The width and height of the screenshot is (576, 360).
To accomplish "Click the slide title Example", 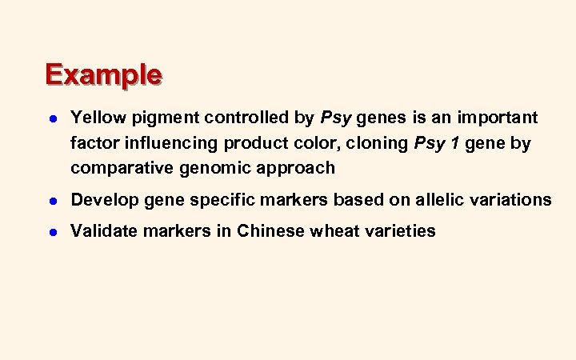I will tap(104, 74).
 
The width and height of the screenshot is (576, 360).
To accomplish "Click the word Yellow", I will tap(95, 118).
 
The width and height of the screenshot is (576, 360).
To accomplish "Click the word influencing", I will tap(168, 143).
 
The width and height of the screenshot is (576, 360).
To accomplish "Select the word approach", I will tap(296, 168).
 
